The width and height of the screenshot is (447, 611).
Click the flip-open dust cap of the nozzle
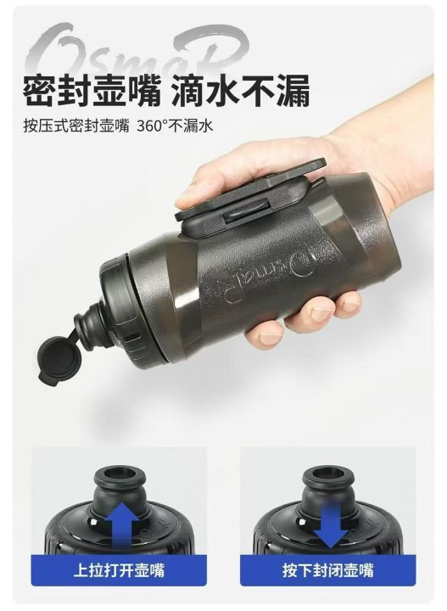click(x=59, y=359)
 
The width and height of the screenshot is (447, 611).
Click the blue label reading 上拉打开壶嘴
click(x=119, y=570)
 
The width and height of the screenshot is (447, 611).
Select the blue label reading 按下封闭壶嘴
click(x=328, y=570)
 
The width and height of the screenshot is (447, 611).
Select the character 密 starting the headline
click(x=40, y=90)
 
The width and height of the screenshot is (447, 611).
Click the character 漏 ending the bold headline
click(x=293, y=90)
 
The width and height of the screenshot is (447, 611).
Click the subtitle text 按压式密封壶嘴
click(x=76, y=126)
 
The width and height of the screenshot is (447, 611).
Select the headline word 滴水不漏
click(x=241, y=90)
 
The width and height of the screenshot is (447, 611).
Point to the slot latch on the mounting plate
click(x=247, y=207)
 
